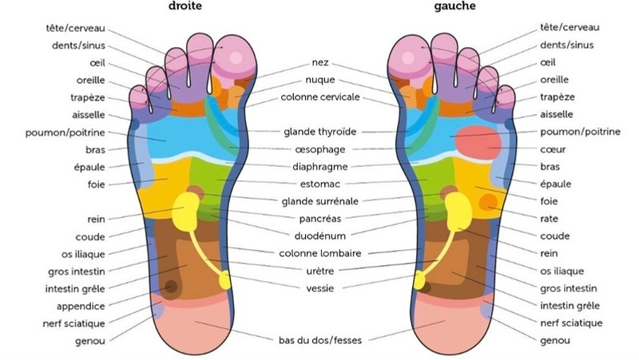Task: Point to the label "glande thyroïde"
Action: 319,131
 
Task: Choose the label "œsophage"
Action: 319,148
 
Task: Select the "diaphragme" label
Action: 319,166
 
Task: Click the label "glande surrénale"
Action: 319,200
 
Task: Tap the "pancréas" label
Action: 319,217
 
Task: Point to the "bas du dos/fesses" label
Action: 319,341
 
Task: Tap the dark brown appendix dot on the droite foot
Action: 171,287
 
